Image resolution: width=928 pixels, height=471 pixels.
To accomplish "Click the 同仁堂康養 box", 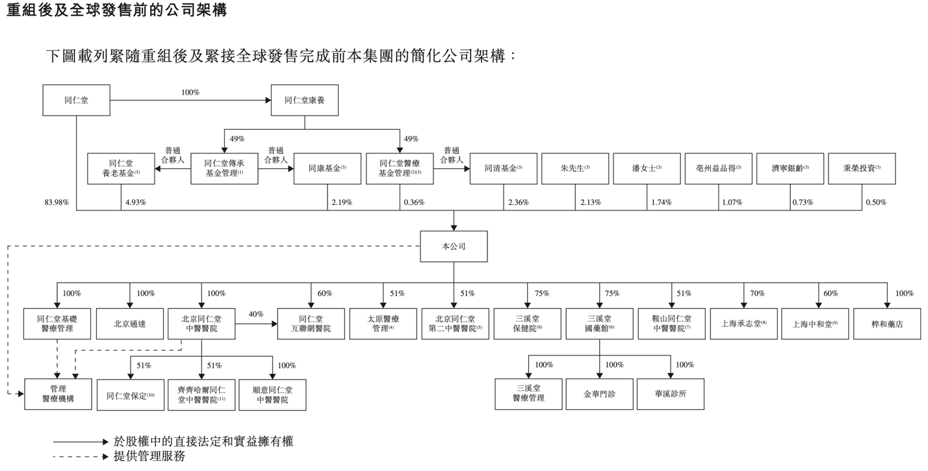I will coord(304,101).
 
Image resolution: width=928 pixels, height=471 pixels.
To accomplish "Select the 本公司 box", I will coord(454,247).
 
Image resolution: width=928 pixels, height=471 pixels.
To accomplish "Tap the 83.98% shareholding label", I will coord(57,203).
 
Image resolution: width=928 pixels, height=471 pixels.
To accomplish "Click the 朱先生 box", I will coord(575,169).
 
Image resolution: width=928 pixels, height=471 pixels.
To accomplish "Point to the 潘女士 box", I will coord(647,169).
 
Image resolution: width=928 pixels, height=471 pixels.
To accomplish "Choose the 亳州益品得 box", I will coord(718,169).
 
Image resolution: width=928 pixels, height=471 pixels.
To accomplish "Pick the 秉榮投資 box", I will coord(862,169).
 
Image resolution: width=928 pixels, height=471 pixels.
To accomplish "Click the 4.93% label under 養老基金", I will coord(135,203).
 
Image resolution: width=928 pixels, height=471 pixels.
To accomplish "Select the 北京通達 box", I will coord(130,324).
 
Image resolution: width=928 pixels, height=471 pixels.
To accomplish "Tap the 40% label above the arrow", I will coord(256,314).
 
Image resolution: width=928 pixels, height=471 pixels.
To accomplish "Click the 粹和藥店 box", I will coord(887,324).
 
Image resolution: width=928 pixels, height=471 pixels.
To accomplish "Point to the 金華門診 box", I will coord(599,394).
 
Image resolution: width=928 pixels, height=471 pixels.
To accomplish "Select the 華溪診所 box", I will coord(671,394).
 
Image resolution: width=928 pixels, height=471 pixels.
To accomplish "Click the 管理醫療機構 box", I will coord(58,394).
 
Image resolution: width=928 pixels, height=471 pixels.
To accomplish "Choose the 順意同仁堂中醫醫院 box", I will coord(272,394).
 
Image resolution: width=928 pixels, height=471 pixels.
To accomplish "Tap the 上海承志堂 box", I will coord(743,324).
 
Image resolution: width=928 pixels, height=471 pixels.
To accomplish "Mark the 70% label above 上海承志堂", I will coord(757,294).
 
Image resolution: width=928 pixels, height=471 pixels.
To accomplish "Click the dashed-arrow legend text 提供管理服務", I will coord(149,457).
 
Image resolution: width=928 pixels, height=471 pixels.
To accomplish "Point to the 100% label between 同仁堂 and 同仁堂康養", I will coord(190,93).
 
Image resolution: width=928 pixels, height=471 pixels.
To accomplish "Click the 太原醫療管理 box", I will coord(383,324).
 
